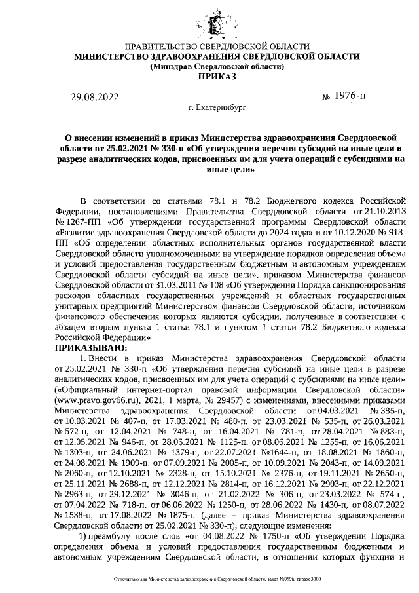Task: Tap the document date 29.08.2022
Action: (x=94, y=98)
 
